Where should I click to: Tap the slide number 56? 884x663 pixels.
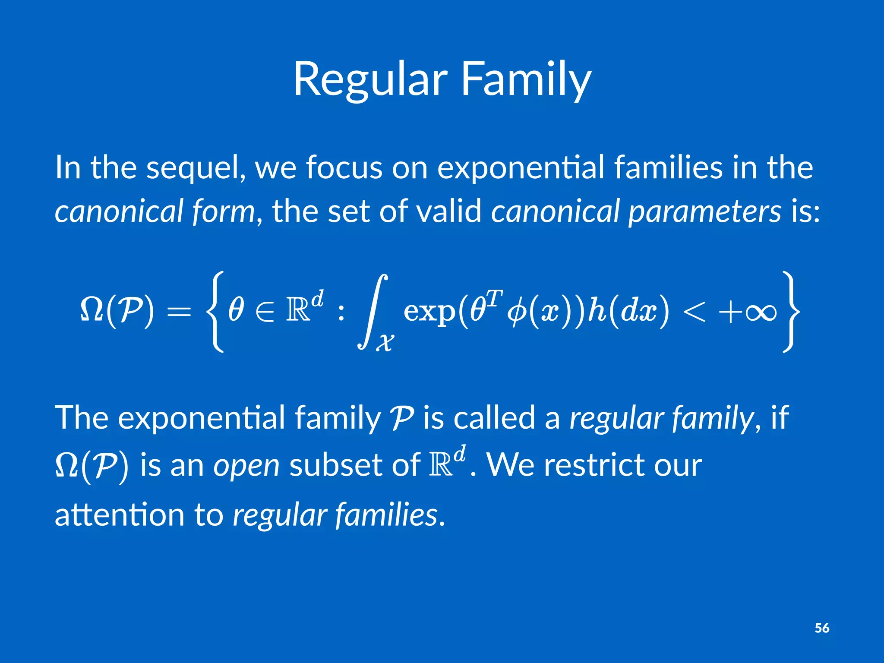[x=822, y=628]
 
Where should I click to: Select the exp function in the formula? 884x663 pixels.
[x=429, y=312]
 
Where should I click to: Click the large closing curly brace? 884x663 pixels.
[x=791, y=312]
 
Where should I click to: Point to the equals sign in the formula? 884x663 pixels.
[x=179, y=312]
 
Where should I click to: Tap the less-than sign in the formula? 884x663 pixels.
[x=694, y=312]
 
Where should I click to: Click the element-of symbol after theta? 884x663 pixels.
[x=264, y=312]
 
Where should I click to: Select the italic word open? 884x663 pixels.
[x=246, y=466]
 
